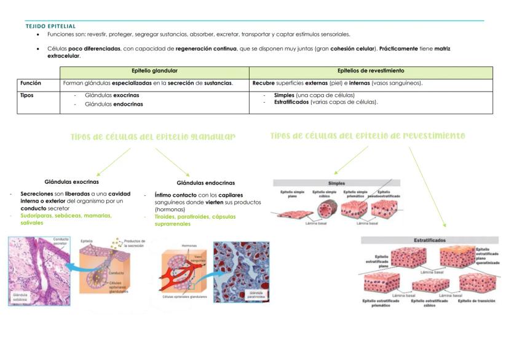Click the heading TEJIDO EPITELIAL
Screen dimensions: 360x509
tap(50, 26)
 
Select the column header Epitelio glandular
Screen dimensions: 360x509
tap(155, 71)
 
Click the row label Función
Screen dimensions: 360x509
tap(31, 82)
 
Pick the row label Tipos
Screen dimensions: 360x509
tap(27, 95)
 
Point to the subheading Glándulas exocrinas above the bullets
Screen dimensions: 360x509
tap(72, 182)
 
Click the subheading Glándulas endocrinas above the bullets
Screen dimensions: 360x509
tap(205, 182)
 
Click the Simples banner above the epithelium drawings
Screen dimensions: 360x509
tap(337, 183)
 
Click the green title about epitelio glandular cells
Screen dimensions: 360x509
tap(153, 136)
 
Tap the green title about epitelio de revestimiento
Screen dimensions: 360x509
tap(368, 136)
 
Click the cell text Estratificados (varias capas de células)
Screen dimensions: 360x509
tap(326, 102)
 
